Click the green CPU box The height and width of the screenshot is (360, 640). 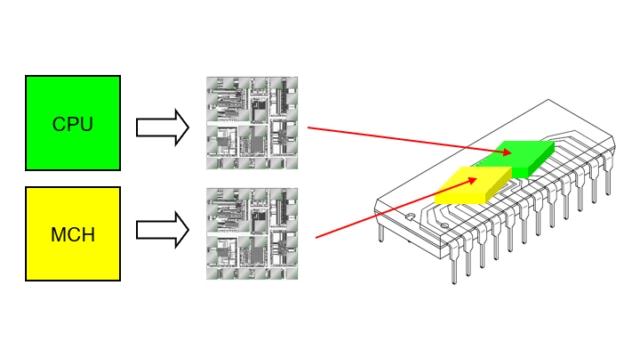[73, 123]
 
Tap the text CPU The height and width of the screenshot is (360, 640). [73, 124]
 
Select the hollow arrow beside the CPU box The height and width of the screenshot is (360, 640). [163, 127]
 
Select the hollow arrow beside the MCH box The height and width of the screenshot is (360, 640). [163, 230]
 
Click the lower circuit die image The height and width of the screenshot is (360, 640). [252, 233]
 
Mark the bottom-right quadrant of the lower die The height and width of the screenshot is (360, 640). [275, 256]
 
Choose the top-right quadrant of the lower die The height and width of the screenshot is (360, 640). [275, 210]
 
